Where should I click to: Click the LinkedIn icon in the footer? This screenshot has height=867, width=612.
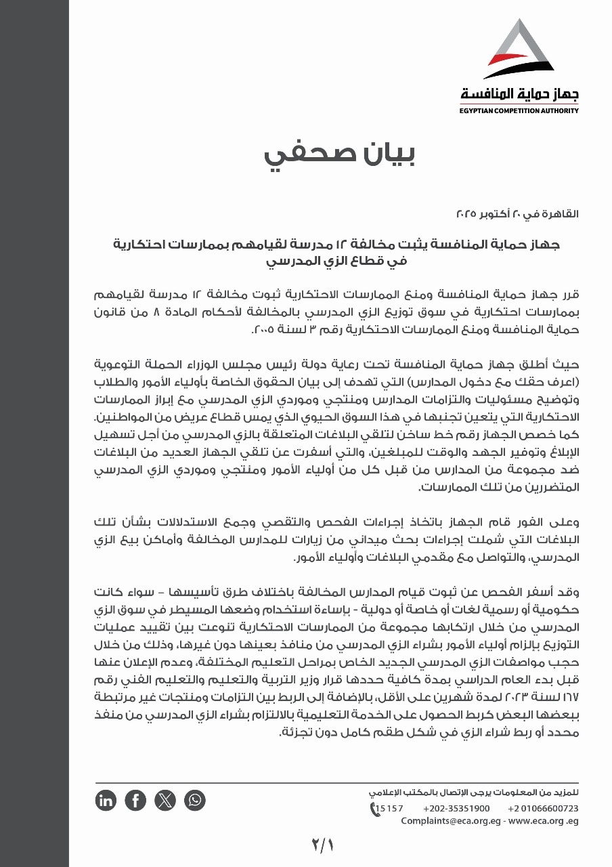106,801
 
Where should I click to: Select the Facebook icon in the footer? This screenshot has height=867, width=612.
135,801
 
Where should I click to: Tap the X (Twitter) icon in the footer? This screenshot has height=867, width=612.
165,801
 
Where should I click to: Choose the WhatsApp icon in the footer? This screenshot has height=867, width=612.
195,801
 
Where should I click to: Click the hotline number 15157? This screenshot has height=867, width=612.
389,808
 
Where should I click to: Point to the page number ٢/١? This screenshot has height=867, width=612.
324,845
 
